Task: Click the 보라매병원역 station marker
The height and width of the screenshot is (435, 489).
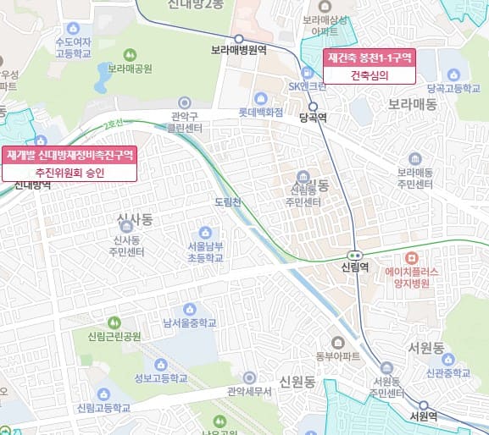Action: (239, 38)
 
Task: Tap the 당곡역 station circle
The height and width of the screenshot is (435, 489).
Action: (314, 107)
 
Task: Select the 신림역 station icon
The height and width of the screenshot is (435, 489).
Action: (354, 255)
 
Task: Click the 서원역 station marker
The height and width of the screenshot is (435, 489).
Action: (423, 405)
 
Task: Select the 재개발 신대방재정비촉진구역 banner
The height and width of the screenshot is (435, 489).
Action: (70, 155)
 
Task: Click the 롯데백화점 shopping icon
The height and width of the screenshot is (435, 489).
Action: (260, 98)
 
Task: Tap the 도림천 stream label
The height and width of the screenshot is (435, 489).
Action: (229, 202)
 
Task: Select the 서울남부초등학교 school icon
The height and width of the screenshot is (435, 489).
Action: (204, 233)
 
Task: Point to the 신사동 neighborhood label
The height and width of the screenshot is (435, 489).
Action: (134, 221)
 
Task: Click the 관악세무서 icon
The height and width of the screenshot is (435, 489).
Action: (248, 377)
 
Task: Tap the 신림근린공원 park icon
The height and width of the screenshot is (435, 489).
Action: (114, 322)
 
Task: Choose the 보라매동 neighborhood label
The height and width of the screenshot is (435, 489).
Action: (413, 105)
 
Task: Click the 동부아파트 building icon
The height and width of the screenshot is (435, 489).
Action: (338, 342)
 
